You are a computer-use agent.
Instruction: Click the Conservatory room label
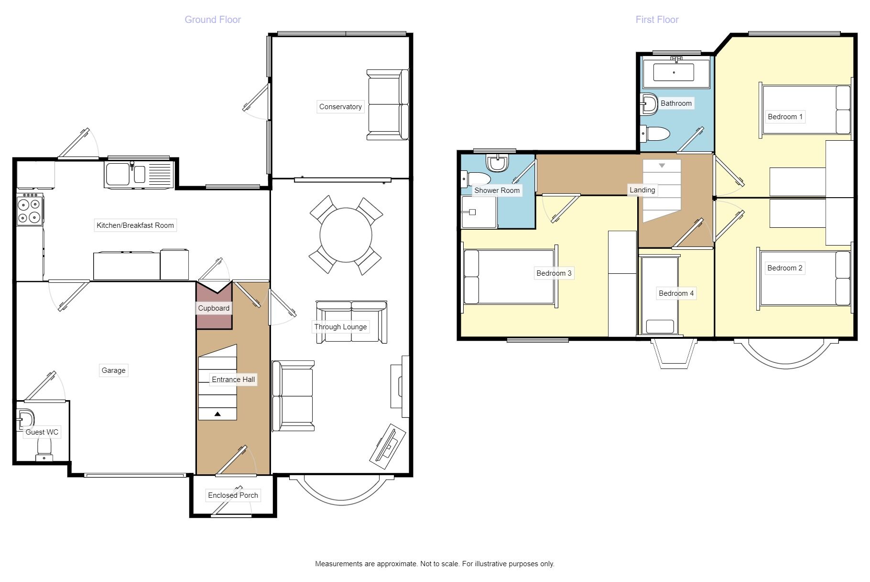click(340, 107)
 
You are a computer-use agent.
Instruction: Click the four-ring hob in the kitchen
click(30, 210)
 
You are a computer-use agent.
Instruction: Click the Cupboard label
click(214, 308)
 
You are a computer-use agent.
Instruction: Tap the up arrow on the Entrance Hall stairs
click(217, 414)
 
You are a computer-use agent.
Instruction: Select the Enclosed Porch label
click(233, 495)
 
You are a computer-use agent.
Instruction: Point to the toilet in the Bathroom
click(655, 134)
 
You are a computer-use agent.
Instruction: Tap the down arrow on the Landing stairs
click(662, 166)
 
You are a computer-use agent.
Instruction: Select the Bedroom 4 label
click(676, 293)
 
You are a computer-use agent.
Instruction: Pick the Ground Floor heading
click(213, 20)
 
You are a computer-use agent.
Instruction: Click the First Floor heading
click(657, 20)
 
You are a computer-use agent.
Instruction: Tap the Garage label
click(113, 370)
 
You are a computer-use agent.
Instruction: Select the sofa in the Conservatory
click(388, 105)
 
